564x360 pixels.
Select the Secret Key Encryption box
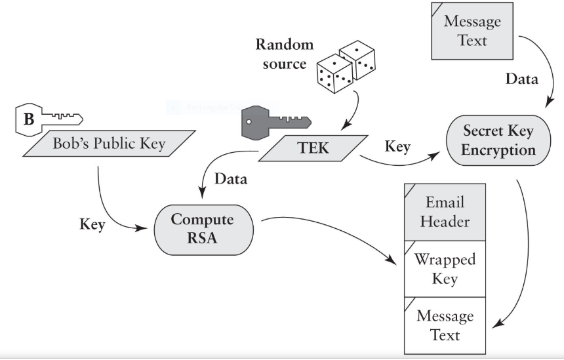pyautogui.click(x=498, y=140)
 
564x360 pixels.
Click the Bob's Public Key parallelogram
pyautogui.click(x=109, y=143)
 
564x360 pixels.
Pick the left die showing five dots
pyautogui.click(x=333, y=74)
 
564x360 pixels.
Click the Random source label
pyautogui.click(x=284, y=54)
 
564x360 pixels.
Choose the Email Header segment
pyautogui.click(x=445, y=211)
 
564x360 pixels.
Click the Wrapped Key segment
pyautogui.click(x=445, y=268)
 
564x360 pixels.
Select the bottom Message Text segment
pyautogui.click(x=445, y=325)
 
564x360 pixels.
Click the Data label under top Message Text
pyautogui.click(x=521, y=79)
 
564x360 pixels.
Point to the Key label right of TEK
pyautogui.click(x=397, y=146)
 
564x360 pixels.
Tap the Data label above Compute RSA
pyautogui.click(x=231, y=179)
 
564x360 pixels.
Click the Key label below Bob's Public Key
pyautogui.click(x=92, y=224)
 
